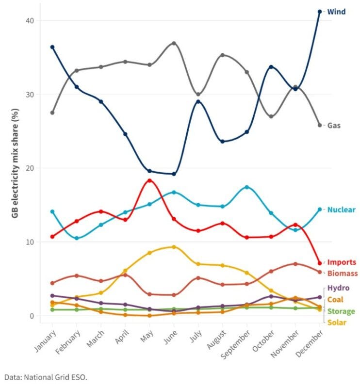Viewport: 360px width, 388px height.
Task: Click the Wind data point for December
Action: pos(319,11)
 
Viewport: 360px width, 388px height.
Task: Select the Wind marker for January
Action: pos(52,47)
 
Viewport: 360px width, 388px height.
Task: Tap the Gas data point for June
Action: pos(174,43)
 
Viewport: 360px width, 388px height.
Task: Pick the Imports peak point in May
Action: pos(149,180)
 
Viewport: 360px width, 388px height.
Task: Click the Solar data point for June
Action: pos(174,247)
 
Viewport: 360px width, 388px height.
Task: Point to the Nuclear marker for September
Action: pos(247,187)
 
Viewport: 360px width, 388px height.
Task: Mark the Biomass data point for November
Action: pos(295,264)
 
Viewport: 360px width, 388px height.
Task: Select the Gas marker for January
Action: pos(52,113)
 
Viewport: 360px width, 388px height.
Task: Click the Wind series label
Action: pos(337,11)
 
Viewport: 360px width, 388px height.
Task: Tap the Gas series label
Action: pos(334,125)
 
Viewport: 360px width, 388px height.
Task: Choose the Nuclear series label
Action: pos(341,210)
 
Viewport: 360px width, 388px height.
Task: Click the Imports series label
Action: pos(342,262)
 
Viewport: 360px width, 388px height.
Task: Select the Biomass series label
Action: pos(342,273)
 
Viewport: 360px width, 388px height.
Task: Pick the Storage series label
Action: pos(342,311)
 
